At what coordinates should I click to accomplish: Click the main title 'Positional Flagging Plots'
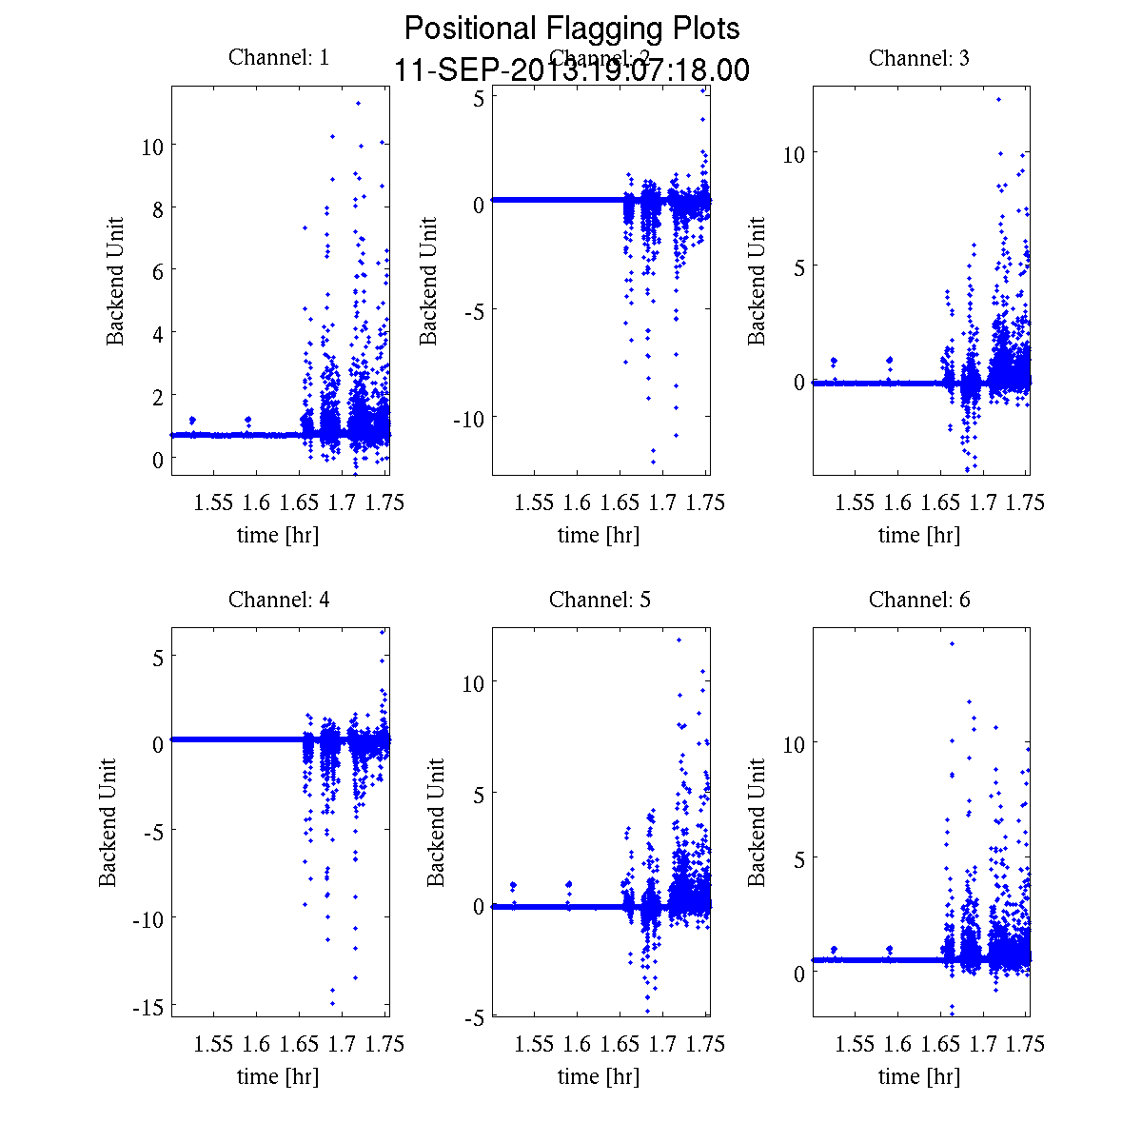tap(572, 29)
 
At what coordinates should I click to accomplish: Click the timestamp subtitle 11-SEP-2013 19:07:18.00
tap(572, 70)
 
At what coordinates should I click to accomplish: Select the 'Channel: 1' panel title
tap(279, 57)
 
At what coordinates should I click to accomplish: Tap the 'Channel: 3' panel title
tap(919, 58)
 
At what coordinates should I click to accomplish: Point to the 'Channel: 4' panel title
tap(279, 600)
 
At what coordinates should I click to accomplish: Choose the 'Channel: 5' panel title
tap(600, 600)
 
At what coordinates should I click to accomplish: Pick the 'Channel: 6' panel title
tap(919, 600)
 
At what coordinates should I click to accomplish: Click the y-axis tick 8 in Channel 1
tap(157, 208)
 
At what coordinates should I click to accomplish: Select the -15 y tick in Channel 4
tap(148, 1006)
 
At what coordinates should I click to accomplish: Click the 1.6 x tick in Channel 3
tap(897, 502)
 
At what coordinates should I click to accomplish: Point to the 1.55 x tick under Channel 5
tap(534, 1044)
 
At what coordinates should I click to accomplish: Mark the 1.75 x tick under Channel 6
tap(1026, 1044)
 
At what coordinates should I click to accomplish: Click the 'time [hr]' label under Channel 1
tap(278, 535)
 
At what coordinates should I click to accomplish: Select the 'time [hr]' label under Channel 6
tap(919, 1076)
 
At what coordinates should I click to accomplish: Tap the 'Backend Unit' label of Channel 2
tap(429, 281)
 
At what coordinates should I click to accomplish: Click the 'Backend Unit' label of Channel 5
tap(436, 822)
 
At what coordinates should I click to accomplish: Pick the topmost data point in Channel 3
tap(998, 99)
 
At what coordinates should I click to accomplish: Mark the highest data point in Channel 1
tap(358, 103)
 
